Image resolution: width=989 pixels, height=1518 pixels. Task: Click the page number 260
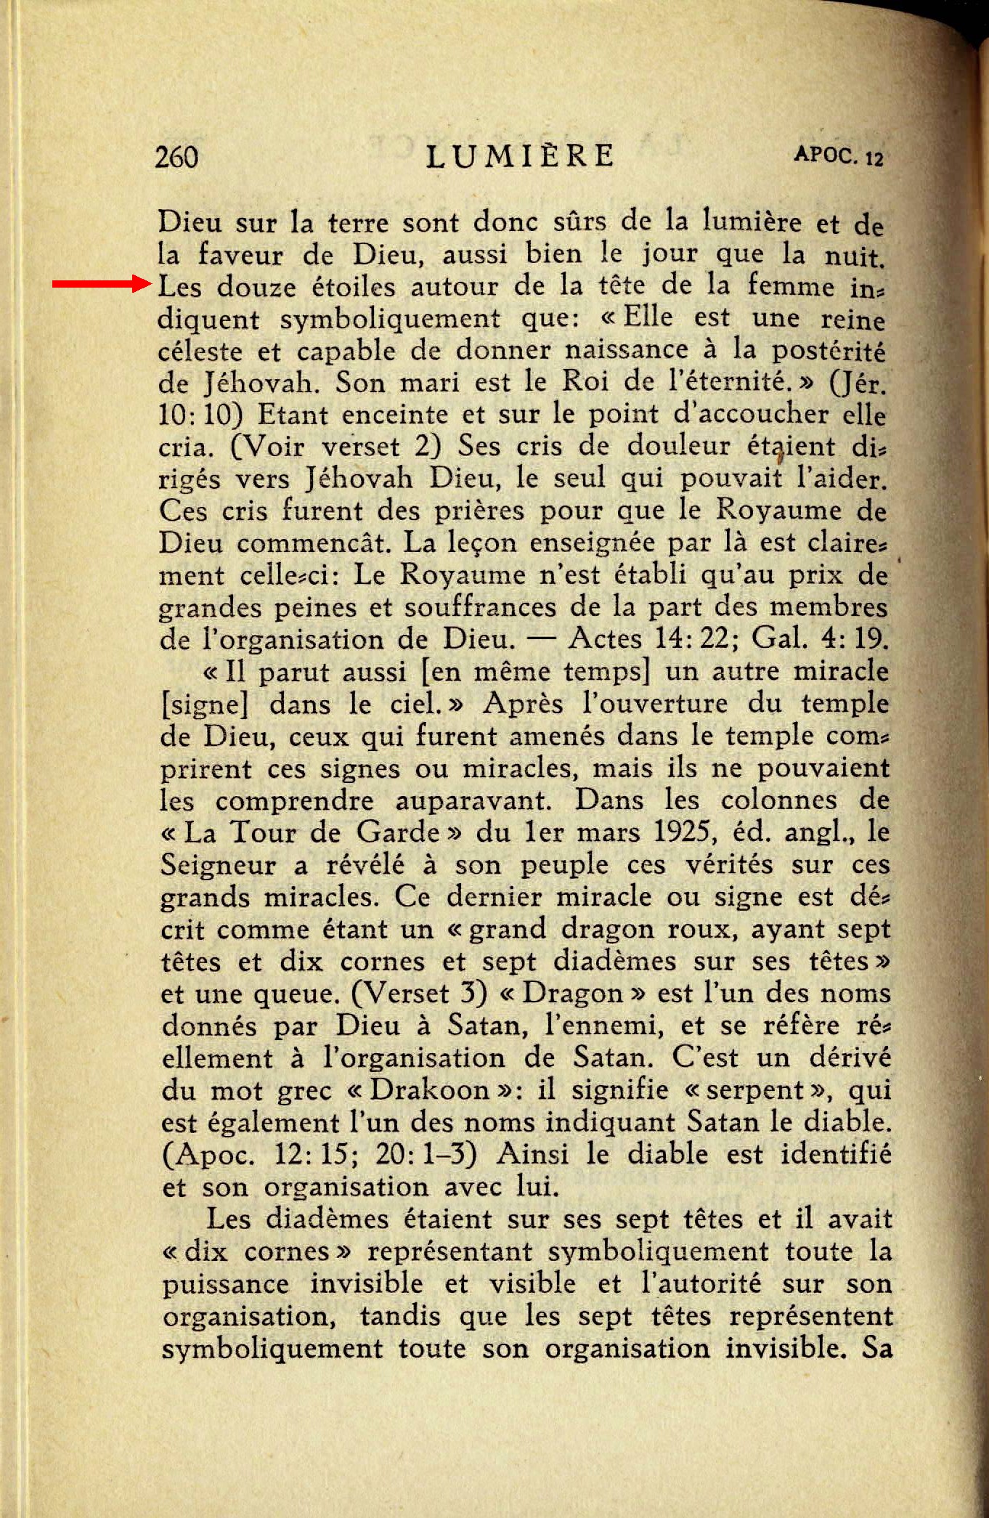(176, 157)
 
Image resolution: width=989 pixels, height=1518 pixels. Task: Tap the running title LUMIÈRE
(520, 156)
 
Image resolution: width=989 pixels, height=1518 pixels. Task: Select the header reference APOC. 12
(839, 155)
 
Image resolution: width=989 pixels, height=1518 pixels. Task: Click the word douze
(256, 287)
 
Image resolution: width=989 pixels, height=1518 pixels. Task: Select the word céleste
(200, 352)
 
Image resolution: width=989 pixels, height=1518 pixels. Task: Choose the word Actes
(606, 638)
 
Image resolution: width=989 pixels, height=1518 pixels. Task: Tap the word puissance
(225, 1283)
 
